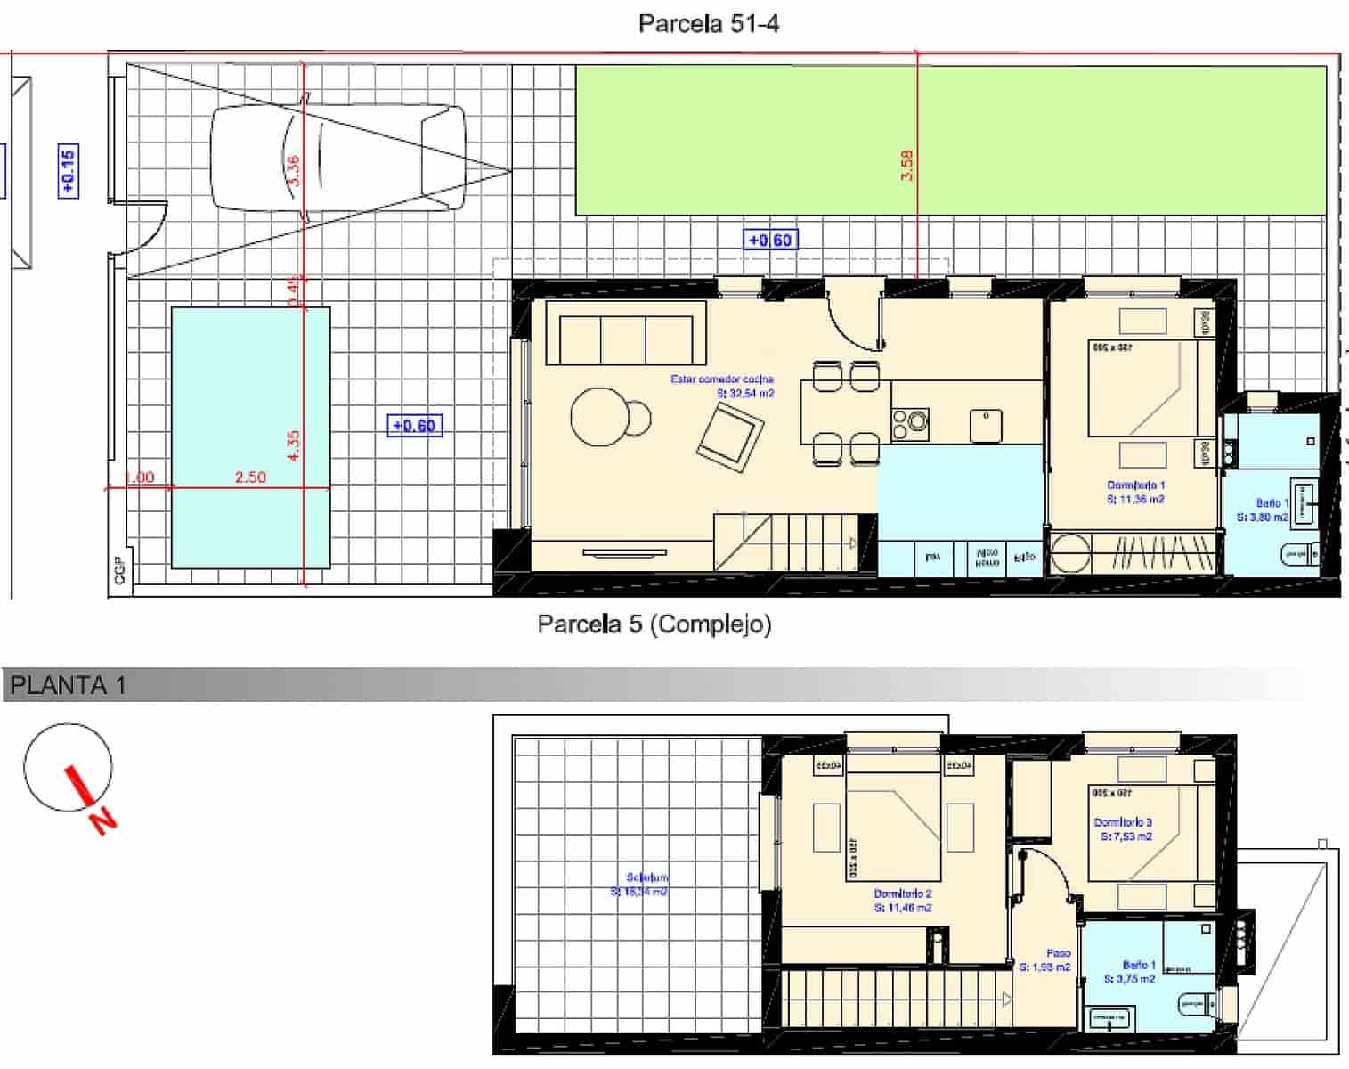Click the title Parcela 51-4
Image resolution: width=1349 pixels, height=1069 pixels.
click(x=708, y=24)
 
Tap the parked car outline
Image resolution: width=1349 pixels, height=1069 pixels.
click(x=337, y=159)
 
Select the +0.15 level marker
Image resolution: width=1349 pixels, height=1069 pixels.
click(x=68, y=170)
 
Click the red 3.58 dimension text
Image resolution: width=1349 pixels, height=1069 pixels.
click(x=906, y=166)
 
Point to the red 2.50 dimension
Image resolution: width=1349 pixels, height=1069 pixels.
click(x=250, y=477)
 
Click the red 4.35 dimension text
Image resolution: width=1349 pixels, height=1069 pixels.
click(x=294, y=445)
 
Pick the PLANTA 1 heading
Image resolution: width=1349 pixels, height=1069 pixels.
click(x=69, y=685)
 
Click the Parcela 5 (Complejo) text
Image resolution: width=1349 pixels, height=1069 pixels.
click(x=654, y=624)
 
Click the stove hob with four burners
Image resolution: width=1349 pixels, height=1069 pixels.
click(x=910, y=424)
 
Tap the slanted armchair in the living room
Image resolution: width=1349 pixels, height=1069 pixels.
click(x=731, y=437)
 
